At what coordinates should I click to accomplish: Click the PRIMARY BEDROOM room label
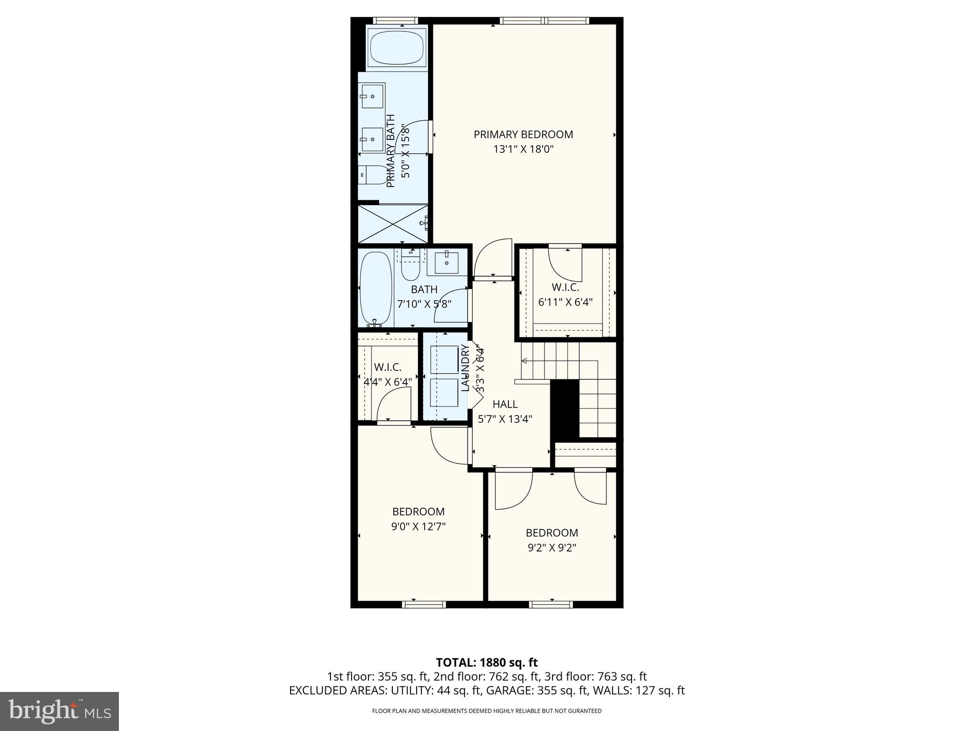(523, 135)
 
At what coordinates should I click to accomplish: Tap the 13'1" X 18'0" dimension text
(523, 149)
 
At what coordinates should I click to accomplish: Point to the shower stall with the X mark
(393, 224)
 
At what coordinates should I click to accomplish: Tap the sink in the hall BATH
(446, 263)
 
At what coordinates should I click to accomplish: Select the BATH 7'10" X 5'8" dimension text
(424, 304)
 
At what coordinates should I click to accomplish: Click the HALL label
(505, 405)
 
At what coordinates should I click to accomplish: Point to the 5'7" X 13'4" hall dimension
(505, 419)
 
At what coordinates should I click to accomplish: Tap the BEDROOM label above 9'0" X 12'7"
(419, 512)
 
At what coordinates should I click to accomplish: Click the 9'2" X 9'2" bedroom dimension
(552, 548)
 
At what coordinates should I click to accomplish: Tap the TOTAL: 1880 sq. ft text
(487, 662)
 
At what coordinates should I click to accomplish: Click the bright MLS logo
(59, 711)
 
